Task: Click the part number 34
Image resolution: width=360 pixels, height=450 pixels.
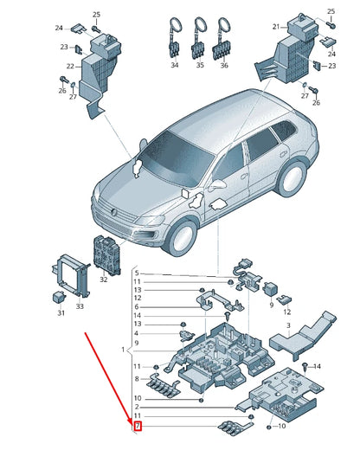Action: tap(174, 65)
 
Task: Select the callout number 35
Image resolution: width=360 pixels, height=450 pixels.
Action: tap(200, 65)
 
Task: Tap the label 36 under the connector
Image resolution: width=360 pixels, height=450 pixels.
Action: tap(224, 65)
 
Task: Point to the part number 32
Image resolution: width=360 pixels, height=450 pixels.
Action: tap(104, 280)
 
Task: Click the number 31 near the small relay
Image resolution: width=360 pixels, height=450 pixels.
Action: tap(61, 312)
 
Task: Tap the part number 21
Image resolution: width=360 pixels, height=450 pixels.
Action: tap(276, 27)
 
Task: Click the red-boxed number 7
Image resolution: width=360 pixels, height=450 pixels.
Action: tap(137, 427)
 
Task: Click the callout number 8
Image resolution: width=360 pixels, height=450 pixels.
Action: tap(137, 379)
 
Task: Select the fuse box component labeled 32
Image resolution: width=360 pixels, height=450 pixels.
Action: tap(110, 254)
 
